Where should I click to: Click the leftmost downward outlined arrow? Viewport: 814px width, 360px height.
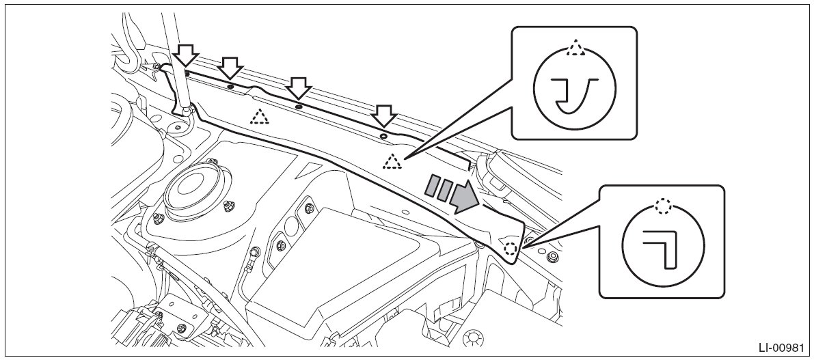(186, 55)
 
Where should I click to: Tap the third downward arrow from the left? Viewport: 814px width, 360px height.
(297, 87)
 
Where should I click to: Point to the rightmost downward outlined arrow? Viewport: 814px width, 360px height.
(384, 115)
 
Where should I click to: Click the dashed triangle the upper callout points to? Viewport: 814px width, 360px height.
(392, 161)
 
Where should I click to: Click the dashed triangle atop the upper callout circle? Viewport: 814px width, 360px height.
(575, 48)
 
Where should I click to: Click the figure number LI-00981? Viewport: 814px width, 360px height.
(780, 347)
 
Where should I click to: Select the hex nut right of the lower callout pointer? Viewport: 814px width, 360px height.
(552, 258)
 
